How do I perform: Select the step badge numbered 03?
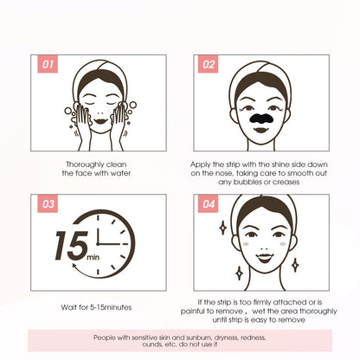tap(47, 204)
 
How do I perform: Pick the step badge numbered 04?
tap(209, 204)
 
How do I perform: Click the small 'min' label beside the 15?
tap(93, 257)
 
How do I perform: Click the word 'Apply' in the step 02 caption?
tap(207, 163)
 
